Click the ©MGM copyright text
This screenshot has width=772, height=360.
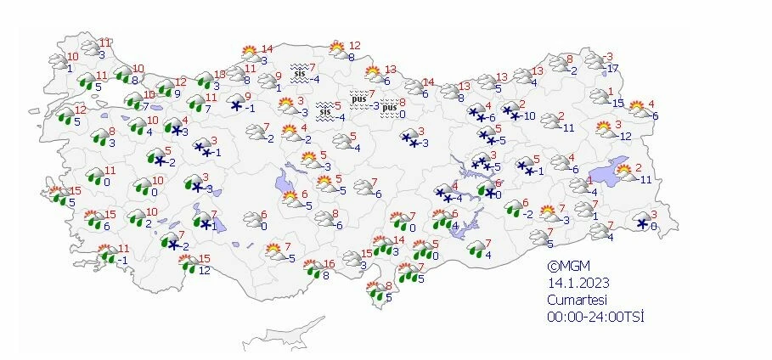pyautogui.click(x=566, y=265)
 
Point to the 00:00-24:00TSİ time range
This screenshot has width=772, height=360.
pyautogui.click(x=596, y=317)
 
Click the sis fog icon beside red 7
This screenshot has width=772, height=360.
pyautogui.click(x=298, y=72)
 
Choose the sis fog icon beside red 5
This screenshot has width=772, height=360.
pyautogui.click(x=324, y=110)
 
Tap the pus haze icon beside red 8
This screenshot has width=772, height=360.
pyautogui.click(x=388, y=108)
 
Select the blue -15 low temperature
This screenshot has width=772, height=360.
pyautogui.click(x=618, y=104)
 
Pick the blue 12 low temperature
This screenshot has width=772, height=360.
pyautogui.click(x=204, y=271)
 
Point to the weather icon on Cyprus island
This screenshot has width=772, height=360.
pyautogui.click(x=376, y=294)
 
